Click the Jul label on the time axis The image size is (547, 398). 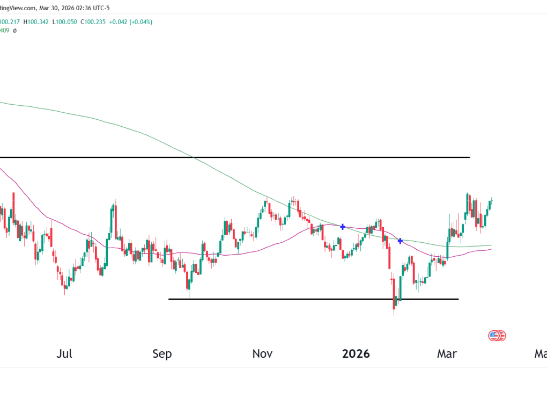click(x=64, y=354)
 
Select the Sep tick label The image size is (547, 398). click(x=162, y=354)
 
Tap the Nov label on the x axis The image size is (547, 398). click(x=262, y=354)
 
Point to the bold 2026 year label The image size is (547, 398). click(x=356, y=354)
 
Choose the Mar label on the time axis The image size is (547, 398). click(x=447, y=354)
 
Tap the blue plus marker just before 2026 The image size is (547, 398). click(x=343, y=227)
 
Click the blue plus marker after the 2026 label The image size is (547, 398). click(x=400, y=241)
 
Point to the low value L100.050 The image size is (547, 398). click(x=69, y=22)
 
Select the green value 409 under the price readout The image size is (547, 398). click(x=4, y=31)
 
